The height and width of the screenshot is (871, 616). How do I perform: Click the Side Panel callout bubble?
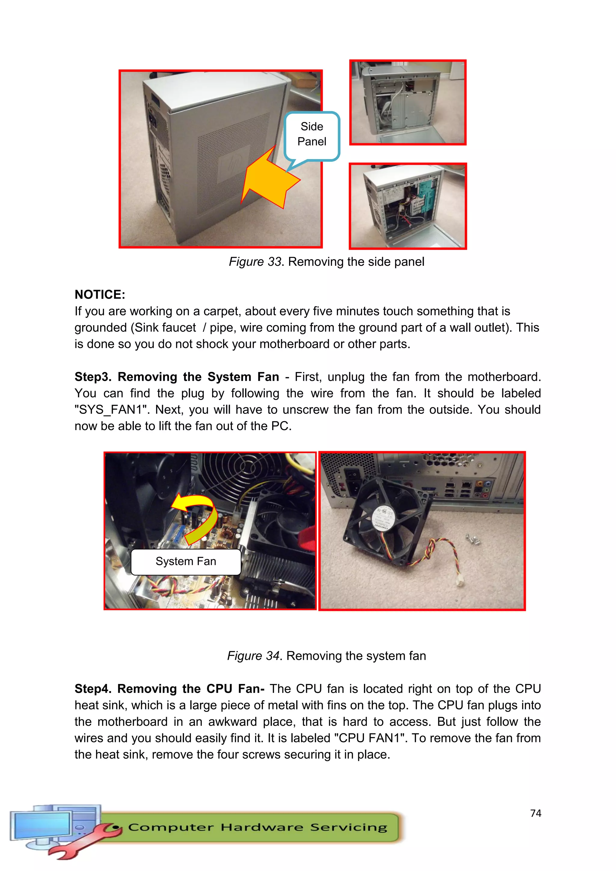click(x=312, y=134)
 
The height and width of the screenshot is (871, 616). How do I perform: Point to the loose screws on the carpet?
click(x=473, y=539)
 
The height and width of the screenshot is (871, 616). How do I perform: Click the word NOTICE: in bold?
click(x=100, y=294)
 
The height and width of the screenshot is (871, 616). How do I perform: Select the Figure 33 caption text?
click(x=326, y=262)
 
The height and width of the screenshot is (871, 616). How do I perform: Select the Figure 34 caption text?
click(x=326, y=656)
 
